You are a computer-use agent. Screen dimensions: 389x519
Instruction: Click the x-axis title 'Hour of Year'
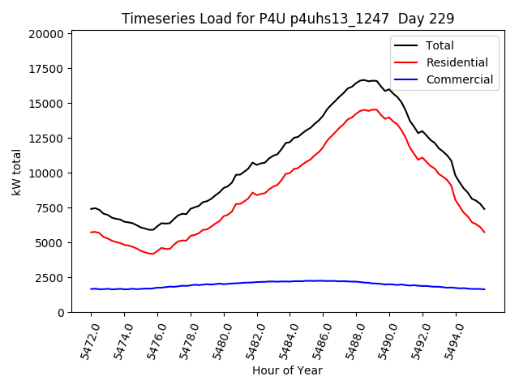(287, 370)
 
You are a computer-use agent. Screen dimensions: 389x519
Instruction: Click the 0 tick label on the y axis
(61, 313)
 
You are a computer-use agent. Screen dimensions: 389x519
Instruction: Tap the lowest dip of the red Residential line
(152, 254)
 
